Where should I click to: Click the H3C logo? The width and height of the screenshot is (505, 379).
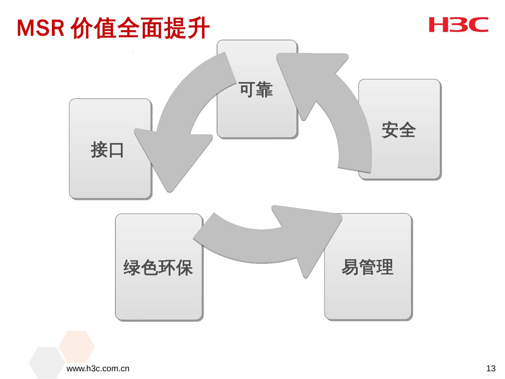tap(458, 25)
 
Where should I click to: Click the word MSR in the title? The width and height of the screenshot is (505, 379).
tap(40, 28)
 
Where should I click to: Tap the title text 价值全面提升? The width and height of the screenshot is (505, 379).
tap(140, 28)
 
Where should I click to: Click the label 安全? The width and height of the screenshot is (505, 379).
tap(398, 130)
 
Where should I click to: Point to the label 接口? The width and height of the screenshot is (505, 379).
tap(107, 150)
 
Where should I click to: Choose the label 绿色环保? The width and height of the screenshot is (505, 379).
tap(158, 268)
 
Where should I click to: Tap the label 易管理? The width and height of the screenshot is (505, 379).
tap(367, 267)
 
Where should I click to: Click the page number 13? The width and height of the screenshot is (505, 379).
tap(491, 368)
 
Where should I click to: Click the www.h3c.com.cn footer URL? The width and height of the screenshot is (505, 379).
tap(98, 368)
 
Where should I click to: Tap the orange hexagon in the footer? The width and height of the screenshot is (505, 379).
tap(76, 346)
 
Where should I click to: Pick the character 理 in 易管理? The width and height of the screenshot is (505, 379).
tap(384, 267)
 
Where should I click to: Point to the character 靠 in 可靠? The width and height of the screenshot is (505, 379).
tap(264, 90)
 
